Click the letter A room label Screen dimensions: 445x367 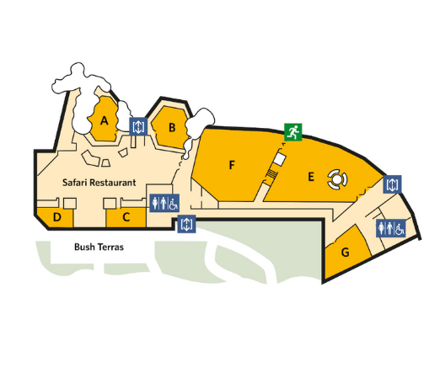(105, 120)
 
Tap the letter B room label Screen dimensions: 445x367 (172, 128)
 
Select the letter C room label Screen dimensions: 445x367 (126, 217)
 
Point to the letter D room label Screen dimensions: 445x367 (57, 217)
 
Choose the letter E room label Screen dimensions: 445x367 (311, 177)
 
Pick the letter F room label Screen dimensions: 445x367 (232, 165)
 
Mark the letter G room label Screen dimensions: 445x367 (345, 252)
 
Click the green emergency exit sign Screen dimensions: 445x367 (293, 132)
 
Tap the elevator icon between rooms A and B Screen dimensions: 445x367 (138, 126)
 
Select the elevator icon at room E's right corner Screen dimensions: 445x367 (392, 184)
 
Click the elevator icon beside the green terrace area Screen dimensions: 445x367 (186, 224)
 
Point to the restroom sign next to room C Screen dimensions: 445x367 (164, 203)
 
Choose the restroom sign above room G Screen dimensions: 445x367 (391, 228)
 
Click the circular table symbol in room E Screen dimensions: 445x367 (337, 179)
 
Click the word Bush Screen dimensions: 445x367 (84, 247)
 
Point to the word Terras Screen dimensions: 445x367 (110, 247)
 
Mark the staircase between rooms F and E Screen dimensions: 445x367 (272, 173)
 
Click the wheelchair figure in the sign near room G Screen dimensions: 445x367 (399, 228)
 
